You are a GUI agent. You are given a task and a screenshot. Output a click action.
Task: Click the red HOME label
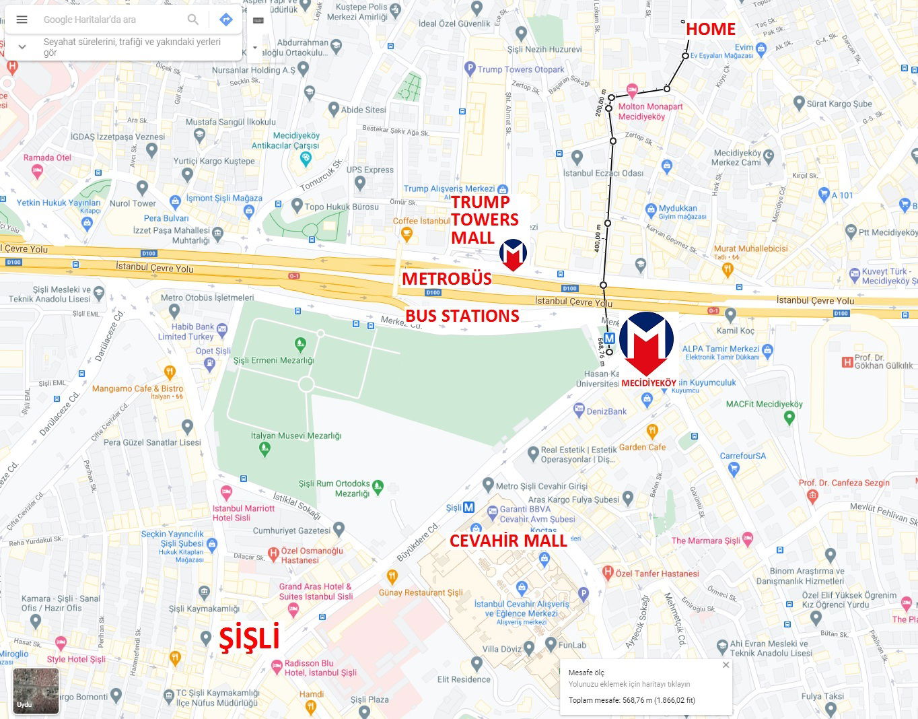710,29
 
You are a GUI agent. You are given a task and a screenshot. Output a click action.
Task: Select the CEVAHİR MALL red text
508,541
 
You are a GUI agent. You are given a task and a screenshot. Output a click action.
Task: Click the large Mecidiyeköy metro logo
646,345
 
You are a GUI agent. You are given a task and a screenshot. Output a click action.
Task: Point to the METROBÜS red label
447,279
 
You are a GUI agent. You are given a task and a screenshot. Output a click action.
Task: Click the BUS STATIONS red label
462,316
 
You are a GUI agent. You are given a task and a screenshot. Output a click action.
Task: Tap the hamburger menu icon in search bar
22,20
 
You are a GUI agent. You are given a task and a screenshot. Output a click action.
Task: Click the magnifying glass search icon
193,20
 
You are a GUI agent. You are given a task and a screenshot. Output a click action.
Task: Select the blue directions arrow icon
226,20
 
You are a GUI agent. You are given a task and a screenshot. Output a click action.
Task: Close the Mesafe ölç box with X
726,664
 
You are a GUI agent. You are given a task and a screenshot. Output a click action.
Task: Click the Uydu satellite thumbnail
36,690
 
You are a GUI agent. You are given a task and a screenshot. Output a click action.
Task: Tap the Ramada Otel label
47,158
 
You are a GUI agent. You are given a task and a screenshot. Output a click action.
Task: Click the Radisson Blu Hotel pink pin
277,667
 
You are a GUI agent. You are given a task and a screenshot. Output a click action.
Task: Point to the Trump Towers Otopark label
521,69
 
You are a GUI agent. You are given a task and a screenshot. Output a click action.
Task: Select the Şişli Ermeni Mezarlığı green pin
300,344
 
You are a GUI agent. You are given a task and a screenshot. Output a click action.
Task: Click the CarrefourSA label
742,456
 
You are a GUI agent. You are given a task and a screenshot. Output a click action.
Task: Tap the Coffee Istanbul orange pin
406,234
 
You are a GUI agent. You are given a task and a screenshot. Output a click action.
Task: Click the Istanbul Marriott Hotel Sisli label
244,513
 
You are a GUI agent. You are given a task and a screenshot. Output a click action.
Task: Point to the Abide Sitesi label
363,110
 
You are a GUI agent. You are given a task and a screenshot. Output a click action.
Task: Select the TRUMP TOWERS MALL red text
484,219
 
